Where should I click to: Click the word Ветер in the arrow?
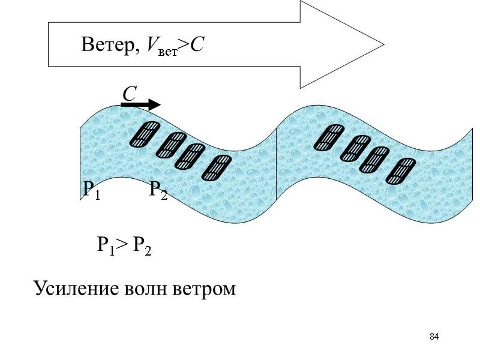[106, 44]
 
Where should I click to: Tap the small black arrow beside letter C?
[141, 105]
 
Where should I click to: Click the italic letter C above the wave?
[130, 94]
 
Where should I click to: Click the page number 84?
[434, 336]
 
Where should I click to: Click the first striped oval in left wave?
[145, 134]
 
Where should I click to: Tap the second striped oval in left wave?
[170, 145]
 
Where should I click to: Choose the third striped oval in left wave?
[190, 156]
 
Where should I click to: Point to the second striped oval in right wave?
[355, 148]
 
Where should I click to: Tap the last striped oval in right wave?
[401, 170]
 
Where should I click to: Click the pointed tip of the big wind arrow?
[382, 44]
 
